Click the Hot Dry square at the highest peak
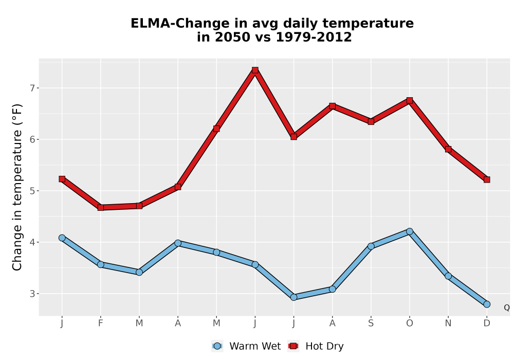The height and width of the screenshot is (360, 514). (255, 70)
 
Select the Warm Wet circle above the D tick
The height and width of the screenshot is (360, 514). (487, 304)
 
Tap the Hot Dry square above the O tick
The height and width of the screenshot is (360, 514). (410, 100)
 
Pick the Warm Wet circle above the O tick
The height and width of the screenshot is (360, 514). (410, 231)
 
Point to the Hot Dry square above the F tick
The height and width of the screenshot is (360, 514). (101, 208)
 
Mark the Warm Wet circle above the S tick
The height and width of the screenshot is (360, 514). (371, 246)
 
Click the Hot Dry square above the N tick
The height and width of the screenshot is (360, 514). (448, 149)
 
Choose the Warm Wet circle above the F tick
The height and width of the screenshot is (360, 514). (101, 264)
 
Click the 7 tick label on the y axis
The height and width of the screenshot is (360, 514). (32, 88)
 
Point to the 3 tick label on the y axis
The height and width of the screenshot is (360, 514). (32, 294)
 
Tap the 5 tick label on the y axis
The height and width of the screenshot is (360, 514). (32, 191)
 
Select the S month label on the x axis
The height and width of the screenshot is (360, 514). (371, 323)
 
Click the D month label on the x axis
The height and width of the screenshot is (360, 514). (487, 323)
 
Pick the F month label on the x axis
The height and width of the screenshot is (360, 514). (101, 323)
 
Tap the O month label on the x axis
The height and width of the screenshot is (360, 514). (410, 323)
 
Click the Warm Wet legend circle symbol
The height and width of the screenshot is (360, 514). (217, 346)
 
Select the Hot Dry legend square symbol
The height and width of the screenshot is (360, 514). (293, 346)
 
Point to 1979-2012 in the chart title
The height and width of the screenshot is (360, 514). (314, 37)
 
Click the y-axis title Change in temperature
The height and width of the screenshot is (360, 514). (17, 187)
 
